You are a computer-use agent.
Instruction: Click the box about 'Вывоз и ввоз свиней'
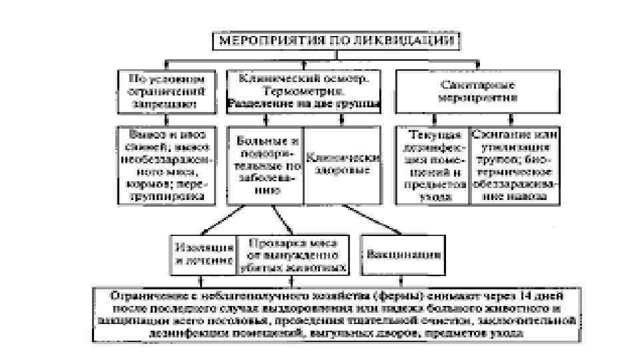click(167, 163)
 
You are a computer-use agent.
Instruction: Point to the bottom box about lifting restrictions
click(333, 313)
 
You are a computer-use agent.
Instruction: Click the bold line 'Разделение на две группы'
click(304, 103)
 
